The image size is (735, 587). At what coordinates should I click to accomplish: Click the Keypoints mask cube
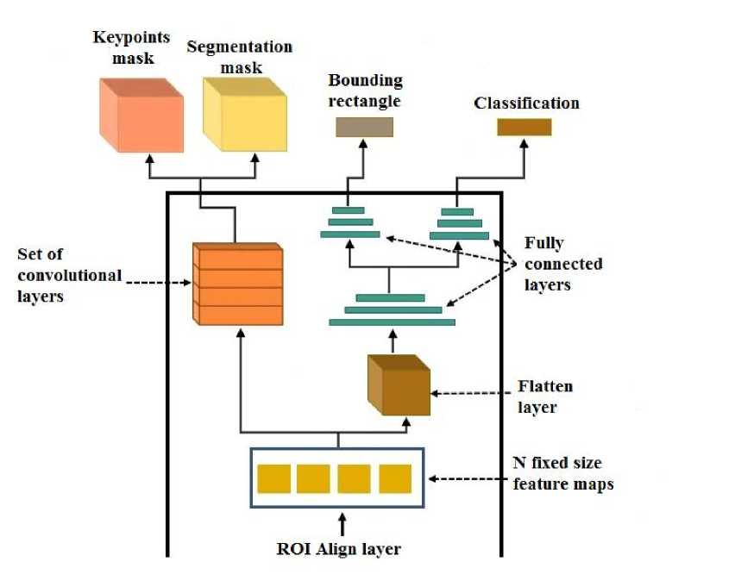tap(141, 116)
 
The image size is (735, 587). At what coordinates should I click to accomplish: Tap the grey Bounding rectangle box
tap(364, 127)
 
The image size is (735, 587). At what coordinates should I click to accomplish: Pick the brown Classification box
tap(524, 127)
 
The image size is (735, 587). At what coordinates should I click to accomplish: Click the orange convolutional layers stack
tap(238, 284)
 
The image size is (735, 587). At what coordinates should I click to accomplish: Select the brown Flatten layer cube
tap(398, 386)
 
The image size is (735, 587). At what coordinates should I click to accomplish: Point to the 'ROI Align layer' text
tap(339, 548)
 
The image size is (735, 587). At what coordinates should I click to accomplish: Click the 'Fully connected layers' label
tap(563, 263)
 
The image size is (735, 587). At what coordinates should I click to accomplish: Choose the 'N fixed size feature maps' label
tap(563, 475)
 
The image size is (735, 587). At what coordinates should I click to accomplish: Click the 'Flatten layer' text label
tap(544, 396)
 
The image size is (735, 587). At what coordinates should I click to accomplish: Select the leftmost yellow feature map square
tap(273, 478)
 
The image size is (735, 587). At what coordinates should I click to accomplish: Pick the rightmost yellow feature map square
tap(395, 478)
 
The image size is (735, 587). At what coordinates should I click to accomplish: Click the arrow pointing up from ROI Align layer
tap(343, 523)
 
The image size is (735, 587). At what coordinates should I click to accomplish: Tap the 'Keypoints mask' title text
tap(131, 48)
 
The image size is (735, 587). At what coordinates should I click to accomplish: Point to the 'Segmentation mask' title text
tap(240, 57)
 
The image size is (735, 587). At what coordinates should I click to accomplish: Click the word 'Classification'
tap(526, 103)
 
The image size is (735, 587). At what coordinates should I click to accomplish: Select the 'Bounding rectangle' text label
tap(365, 90)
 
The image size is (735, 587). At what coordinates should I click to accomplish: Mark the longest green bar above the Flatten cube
tap(392, 322)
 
